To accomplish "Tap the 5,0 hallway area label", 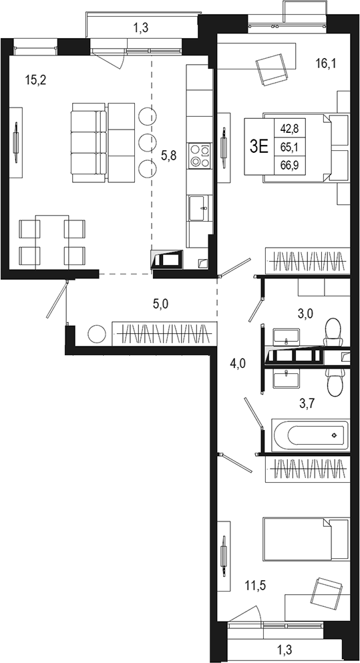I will click(x=160, y=304).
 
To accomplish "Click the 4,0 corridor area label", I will click(x=238, y=363).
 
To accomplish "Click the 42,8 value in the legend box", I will click(x=290, y=128).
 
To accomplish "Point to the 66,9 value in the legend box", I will click(x=290, y=165).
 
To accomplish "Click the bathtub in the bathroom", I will click(x=311, y=435).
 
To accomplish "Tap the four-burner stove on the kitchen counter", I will click(x=198, y=155).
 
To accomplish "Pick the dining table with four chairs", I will click(x=52, y=242).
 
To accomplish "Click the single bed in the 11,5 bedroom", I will click(x=306, y=539).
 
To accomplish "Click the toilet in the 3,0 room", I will click(x=331, y=330).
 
